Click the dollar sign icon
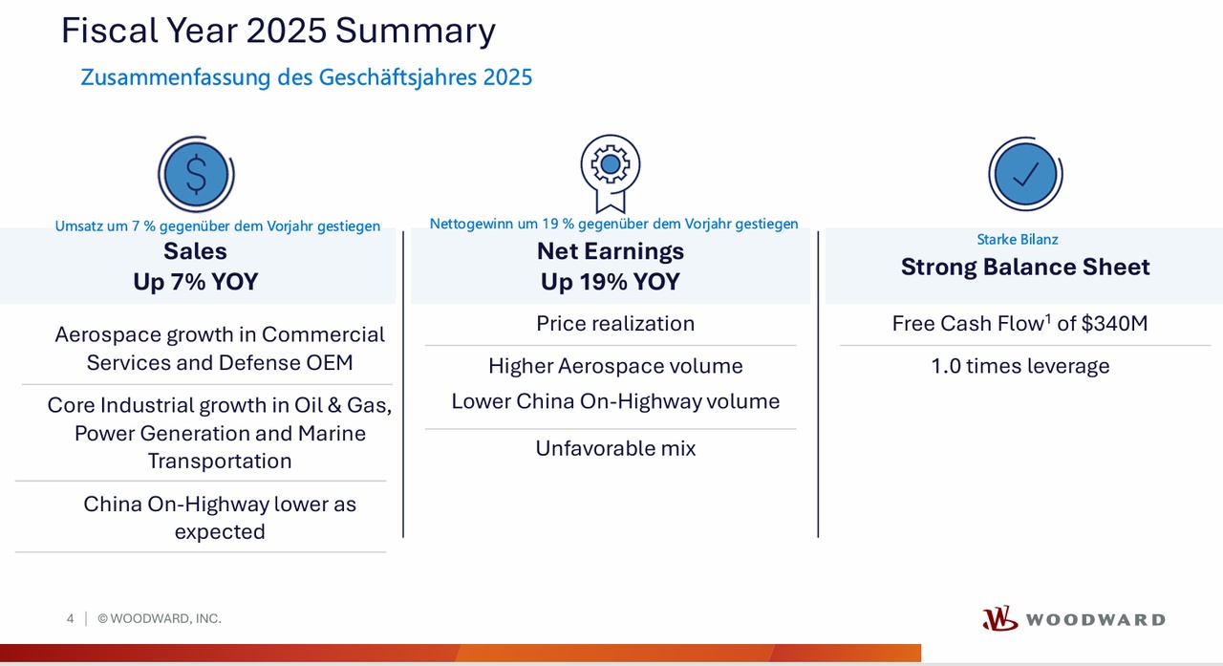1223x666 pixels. click(x=196, y=174)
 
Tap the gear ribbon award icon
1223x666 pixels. click(x=611, y=173)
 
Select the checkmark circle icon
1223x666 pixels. click(x=1025, y=174)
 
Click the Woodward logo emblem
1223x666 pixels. click(x=999, y=619)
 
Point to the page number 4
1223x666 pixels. click(x=70, y=618)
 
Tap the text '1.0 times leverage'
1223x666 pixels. click(x=1019, y=366)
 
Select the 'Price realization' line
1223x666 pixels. click(x=615, y=324)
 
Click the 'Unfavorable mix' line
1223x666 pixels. click(x=615, y=448)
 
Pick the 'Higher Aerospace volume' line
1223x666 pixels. click(x=615, y=366)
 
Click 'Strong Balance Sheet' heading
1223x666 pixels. click(x=1025, y=267)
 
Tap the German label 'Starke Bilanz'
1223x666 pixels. click(x=1018, y=239)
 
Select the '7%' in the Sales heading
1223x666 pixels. click(x=188, y=282)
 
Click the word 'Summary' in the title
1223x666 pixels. click(x=416, y=32)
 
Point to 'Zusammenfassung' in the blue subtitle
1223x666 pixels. click(x=175, y=77)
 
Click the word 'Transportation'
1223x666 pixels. click(x=220, y=461)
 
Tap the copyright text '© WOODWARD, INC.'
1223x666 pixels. click(x=160, y=618)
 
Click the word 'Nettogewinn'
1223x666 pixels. click(x=471, y=224)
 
